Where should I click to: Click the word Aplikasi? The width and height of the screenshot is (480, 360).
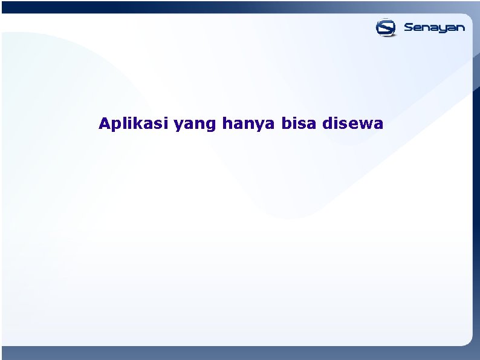pyautogui.click(x=134, y=124)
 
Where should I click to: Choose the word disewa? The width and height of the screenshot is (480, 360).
pyautogui.click(x=354, y=124)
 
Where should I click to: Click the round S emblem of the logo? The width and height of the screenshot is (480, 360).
pyautogui.click(x=386, y=27)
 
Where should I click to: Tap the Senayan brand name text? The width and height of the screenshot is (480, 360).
pyautogui.click(x=434, y=28)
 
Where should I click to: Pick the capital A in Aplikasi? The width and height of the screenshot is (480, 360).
pyautogui.click(x=104, y=124)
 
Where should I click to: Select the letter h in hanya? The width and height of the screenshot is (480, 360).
pyautogui.click(x=227, y=124)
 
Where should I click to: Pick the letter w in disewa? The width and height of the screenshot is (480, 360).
pyautogui.click(x=365, y=125)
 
